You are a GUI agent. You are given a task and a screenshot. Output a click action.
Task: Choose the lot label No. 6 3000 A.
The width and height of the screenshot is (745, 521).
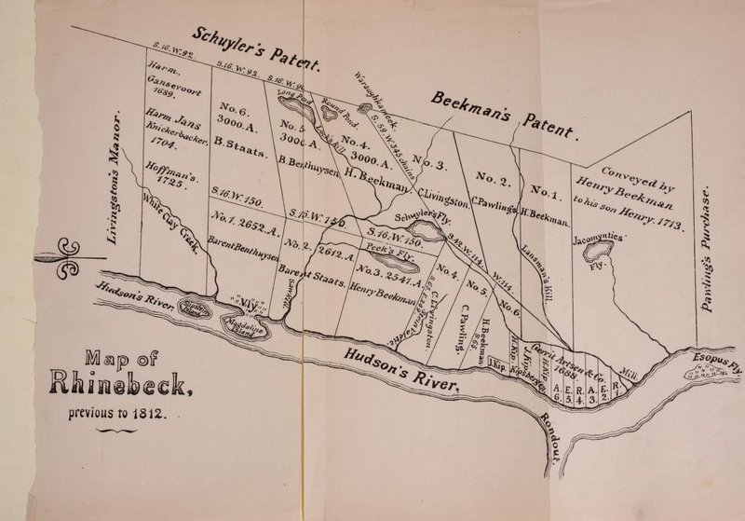point(234,113)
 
